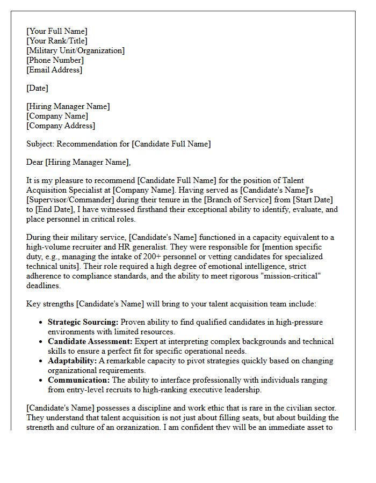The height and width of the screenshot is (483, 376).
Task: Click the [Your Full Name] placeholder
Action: coord(57,31)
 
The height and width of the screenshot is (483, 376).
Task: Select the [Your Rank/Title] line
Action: coord(57,41)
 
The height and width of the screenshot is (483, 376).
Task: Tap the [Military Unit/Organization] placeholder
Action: coord(76,50)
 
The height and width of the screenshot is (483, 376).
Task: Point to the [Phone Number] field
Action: coord(54,60)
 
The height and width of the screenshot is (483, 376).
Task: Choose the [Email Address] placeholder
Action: coord(54,70)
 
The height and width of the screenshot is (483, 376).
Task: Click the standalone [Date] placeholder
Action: coord(37,88)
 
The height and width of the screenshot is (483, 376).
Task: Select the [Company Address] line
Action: coord(61,126)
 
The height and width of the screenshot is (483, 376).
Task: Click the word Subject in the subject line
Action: coord(40,144)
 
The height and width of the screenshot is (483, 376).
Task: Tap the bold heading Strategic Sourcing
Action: coord(83,322)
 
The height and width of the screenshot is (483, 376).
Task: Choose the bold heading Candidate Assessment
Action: coord(89,341)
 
